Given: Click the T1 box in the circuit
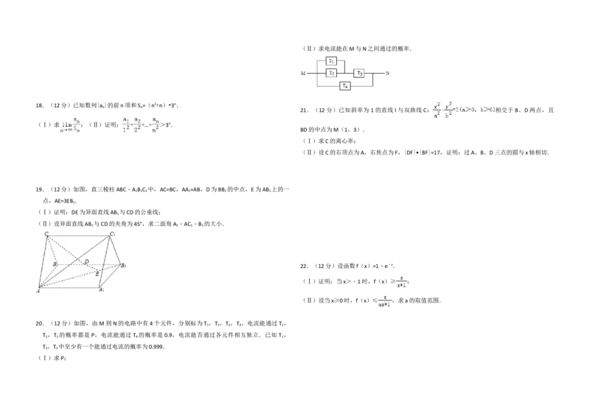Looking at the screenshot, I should [x=332, y=61].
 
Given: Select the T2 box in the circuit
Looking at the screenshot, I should [x=332, y=74].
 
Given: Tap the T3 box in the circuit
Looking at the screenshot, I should [x=359, y=74].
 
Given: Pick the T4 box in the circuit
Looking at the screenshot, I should [x=344, y=86].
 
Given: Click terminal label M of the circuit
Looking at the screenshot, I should [x=302, y=74].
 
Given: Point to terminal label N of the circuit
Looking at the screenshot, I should [x=387, y=74].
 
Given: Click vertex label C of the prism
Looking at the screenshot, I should [x=46, y=235].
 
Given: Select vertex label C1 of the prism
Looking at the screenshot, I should [x=113, y=235].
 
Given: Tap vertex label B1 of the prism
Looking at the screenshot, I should [x=125, y=265].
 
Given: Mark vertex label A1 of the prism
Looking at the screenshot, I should [x=103, y=289].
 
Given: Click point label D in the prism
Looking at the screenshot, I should [x=86, y=262].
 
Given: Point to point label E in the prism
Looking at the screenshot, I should [x=98, y=273].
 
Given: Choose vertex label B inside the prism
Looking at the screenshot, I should [x=55, y=264].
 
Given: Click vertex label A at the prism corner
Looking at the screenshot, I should [x=38, y=291].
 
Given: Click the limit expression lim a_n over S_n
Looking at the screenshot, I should [x=71, y=124].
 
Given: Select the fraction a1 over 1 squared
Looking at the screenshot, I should [x=125, y=124].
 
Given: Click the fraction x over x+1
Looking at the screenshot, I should [x=402, y=281].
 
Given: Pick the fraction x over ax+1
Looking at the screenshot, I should [x=385, y=300].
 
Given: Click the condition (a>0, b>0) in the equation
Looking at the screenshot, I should [x=478, y=112].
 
